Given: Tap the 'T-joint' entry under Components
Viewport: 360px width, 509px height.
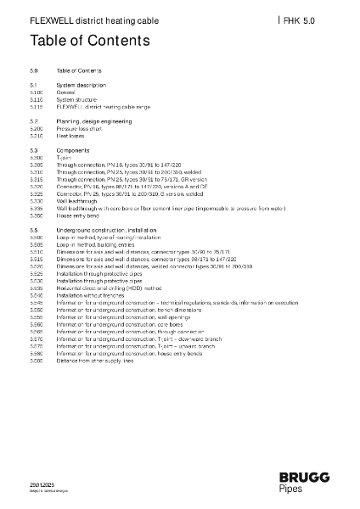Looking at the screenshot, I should click(x=64, y=158).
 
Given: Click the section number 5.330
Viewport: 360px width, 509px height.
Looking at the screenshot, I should click(x=37, y=200).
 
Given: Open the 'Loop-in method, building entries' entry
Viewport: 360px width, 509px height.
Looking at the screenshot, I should click(x=95, y=244).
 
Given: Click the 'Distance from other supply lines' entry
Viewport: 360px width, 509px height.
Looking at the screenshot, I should click(x=95, y=361).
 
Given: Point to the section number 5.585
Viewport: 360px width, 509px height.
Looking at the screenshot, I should click(x=37, y=361).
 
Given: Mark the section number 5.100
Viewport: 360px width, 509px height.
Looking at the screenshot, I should click(x=37, y=92).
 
